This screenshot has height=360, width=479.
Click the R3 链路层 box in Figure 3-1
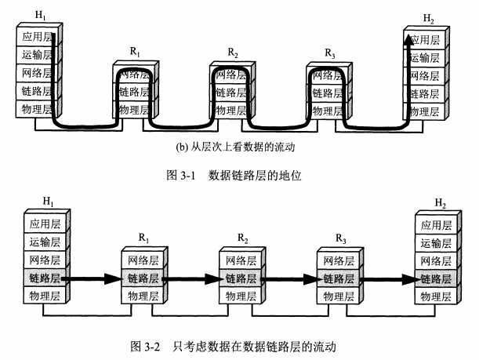[329, 92]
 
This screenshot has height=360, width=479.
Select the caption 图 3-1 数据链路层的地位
[234, 176]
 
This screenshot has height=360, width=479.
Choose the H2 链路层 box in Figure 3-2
[434, 278]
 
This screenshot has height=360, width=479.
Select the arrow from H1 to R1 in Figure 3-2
[92, 278]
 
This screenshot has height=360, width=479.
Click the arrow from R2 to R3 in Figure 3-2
[291, 278]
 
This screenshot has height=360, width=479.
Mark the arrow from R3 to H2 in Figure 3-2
[387, 278]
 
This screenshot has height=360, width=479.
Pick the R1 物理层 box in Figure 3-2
[143, 296]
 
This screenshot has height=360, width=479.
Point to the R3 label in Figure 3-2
[339, 237]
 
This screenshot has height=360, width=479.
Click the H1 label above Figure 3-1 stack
[37, 16]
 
